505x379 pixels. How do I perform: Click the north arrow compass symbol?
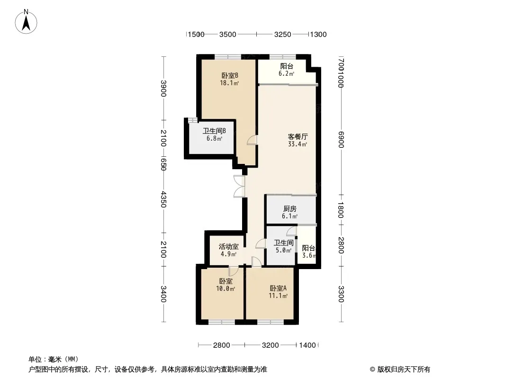coord(26,22)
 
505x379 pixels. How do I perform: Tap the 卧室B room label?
coord(230,76)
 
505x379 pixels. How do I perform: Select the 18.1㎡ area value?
coord(229,83)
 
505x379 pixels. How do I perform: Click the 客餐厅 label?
coord(298,137)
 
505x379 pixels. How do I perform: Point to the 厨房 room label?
coord(290,209)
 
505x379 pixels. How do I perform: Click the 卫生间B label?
coord(214,131)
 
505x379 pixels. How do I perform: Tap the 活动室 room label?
coord(229,247)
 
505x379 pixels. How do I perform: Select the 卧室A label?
coord(278,288)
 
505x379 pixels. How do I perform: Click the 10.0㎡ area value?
coord(225,289)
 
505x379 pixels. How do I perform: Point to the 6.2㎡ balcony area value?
coord(286,74)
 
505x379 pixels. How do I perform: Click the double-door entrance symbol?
coord(239,186)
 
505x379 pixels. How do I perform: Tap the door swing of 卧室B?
coord(252,140)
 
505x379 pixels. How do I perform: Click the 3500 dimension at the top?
coord(228,35)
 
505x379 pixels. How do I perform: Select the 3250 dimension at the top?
coord(282,35)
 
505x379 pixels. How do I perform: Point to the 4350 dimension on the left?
coord(163,199)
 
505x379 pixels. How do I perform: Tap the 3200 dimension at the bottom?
coord(270,345)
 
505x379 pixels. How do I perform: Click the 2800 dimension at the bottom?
coord(222,345)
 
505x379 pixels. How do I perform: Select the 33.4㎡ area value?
coord(298,144)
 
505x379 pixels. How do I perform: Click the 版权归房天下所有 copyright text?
coord(404,370)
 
